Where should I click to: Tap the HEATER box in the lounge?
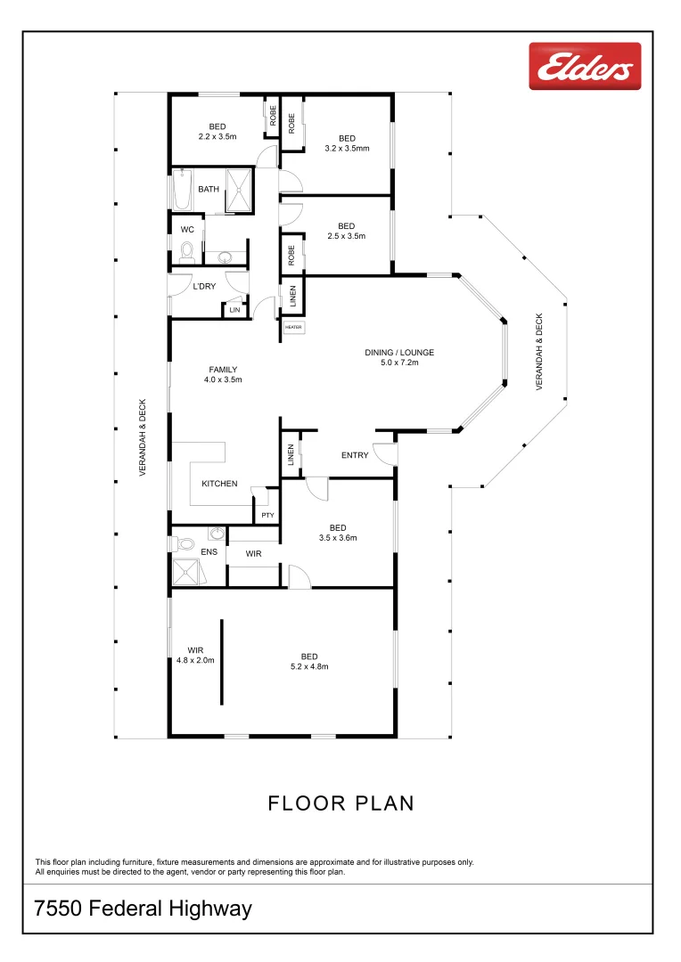(293, 328)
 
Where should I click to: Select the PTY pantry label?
(267, 515)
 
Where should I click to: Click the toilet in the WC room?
(186, 254)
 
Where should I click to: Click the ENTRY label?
(355, 455)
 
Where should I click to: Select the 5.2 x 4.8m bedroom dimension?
(309, 666)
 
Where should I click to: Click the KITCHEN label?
(219, 484)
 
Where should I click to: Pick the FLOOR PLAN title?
(340, 803)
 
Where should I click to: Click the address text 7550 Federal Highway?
(143, 909)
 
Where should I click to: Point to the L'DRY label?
(205, 286)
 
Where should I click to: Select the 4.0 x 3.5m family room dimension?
(223, 379)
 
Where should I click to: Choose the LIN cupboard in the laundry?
(234, 310)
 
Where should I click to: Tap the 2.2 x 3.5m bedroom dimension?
(217, 137)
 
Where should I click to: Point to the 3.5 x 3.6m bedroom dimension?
(338, 537)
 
